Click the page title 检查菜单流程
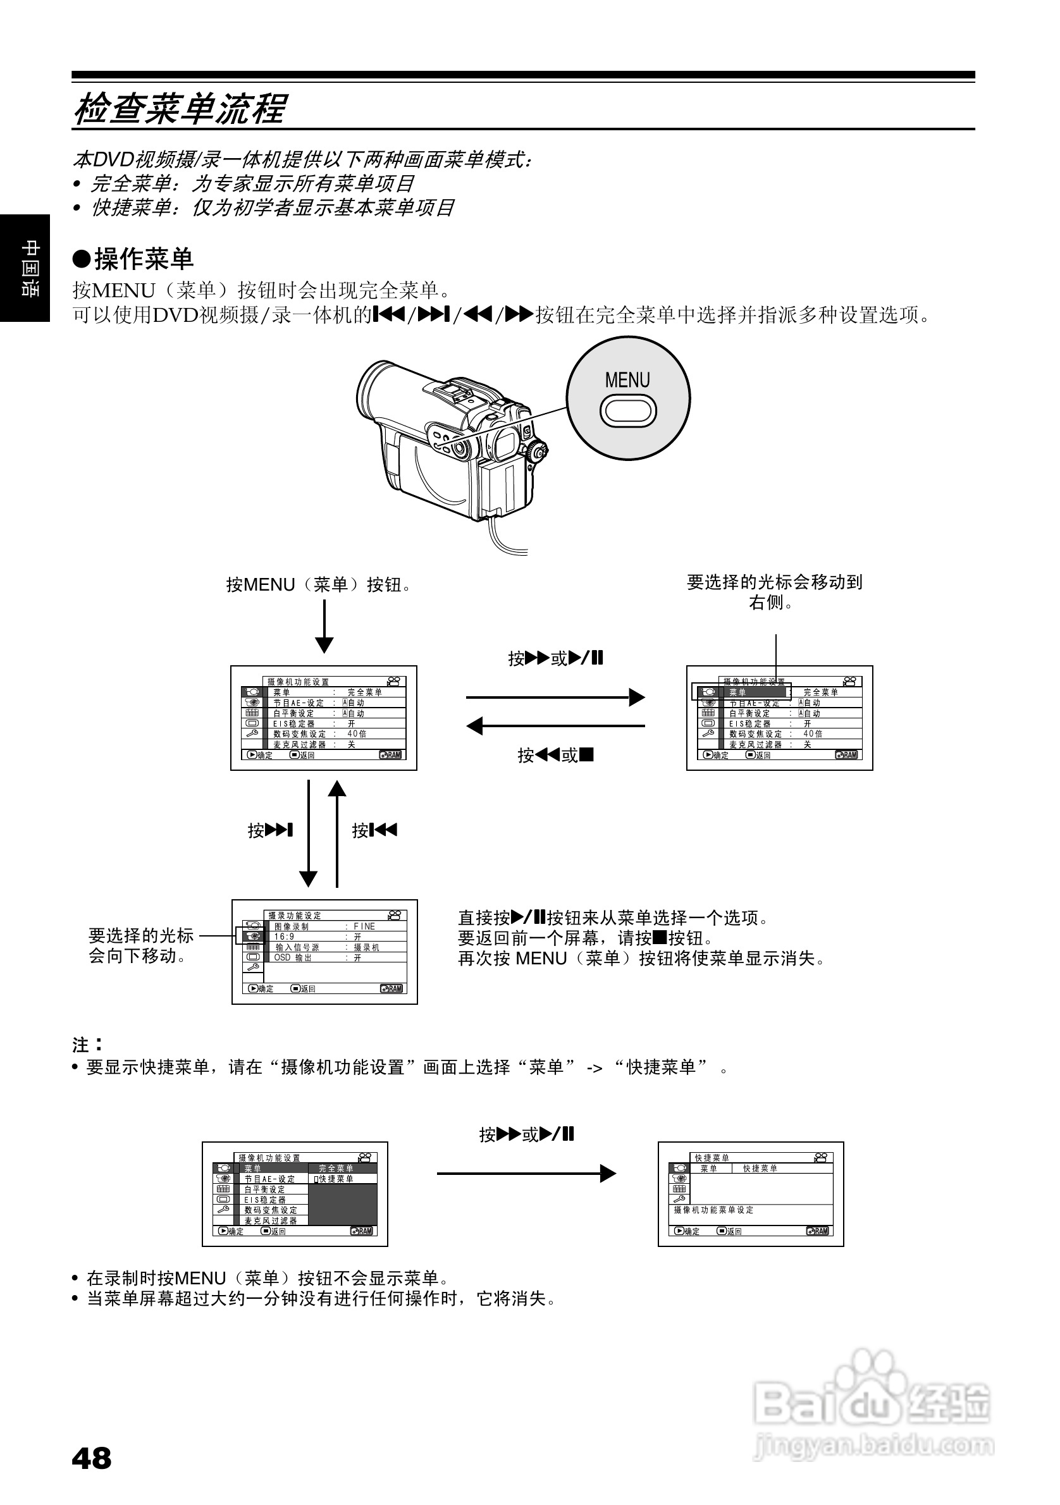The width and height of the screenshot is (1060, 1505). [180, 109]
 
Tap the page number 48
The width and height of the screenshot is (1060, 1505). [92, 1458]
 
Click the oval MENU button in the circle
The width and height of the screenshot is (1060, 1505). [627, 412]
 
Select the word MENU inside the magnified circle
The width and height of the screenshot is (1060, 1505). [627, 380]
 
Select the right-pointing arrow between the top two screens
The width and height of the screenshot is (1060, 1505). [555, 697]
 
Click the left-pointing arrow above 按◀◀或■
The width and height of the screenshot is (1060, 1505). [555, 726]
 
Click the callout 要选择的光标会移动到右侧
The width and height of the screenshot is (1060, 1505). [774, 591]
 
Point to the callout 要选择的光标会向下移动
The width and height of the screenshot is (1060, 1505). [141, 945]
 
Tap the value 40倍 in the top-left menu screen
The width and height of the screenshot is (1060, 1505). [357, 734]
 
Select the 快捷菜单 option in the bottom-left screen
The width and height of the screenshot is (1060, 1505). [336, 1179]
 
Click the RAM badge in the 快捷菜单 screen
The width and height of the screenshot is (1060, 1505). [818, 1231]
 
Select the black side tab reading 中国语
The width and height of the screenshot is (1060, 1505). [25, 268]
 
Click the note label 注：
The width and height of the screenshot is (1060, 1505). [87, 1044]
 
